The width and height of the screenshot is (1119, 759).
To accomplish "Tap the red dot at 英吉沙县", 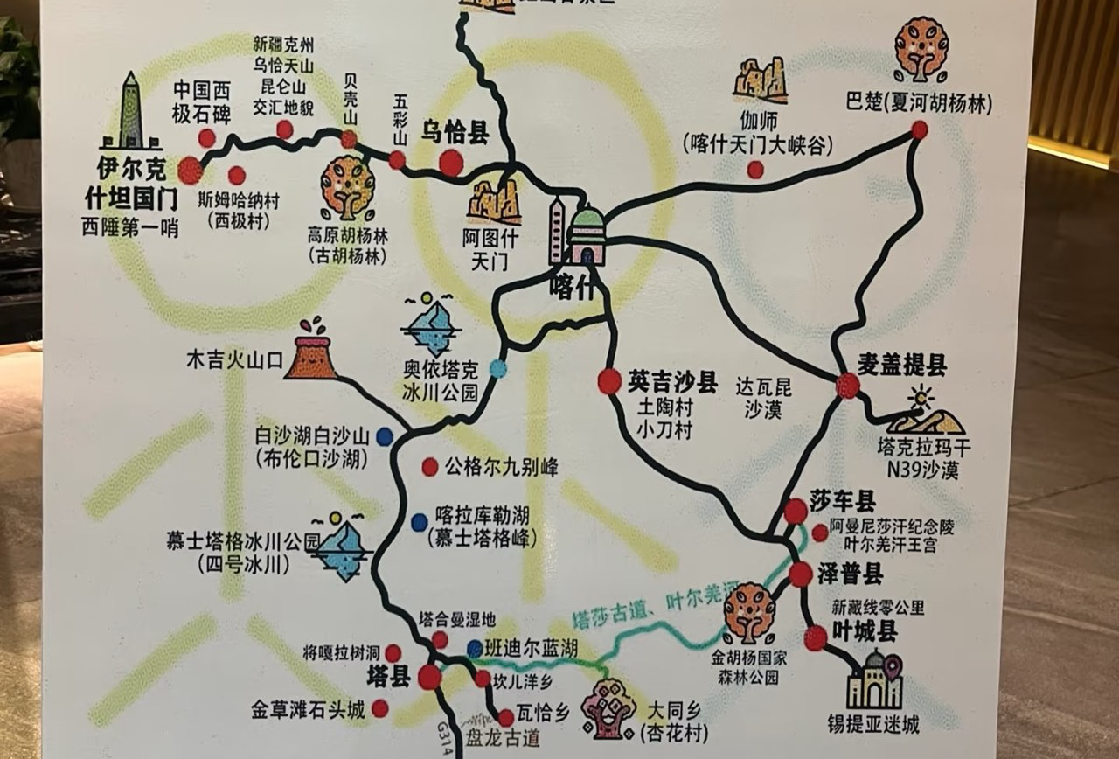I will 609,381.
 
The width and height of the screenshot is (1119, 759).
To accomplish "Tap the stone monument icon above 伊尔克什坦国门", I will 130,111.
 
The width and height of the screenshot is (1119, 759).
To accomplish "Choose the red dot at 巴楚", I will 919,130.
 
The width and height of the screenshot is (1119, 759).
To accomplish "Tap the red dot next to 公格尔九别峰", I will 429,467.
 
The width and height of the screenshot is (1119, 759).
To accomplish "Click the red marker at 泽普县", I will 801,574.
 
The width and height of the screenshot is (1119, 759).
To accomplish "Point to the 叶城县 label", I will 865,631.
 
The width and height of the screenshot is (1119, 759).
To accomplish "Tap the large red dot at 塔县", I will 429,677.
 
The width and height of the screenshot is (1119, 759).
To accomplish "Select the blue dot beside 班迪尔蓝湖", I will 474,649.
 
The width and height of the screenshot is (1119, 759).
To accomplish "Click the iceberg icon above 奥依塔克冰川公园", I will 432,325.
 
